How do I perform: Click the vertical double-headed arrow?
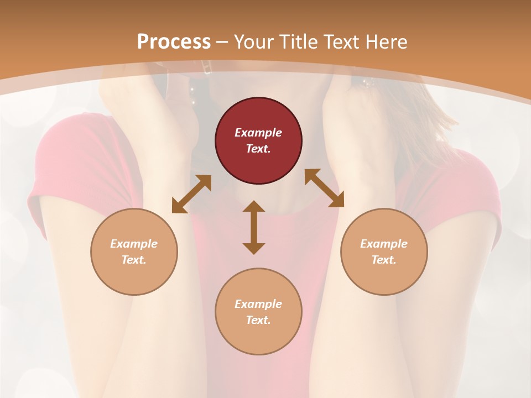tap(254, 227)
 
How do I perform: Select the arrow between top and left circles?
tap(191, 194)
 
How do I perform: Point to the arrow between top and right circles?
tap(324, 188)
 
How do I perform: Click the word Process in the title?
tap(174, 42)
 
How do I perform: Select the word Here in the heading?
tap(386, 42)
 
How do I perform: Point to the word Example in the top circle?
tap(258, 133)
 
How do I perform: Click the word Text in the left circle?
tap(134, 260)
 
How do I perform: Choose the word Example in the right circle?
tap(384, 244)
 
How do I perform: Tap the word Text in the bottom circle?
tap(258, 320)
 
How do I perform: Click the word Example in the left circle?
tap(134, 244)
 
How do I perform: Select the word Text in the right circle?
tap(384, 260)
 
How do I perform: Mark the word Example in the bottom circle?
tap(258, 304)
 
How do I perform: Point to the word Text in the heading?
tap(341, 42)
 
